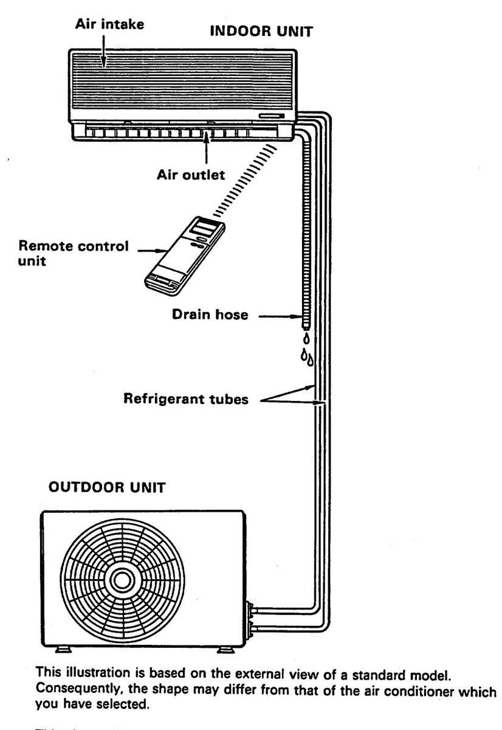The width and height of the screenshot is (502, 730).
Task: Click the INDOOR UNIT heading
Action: (261, 32)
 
